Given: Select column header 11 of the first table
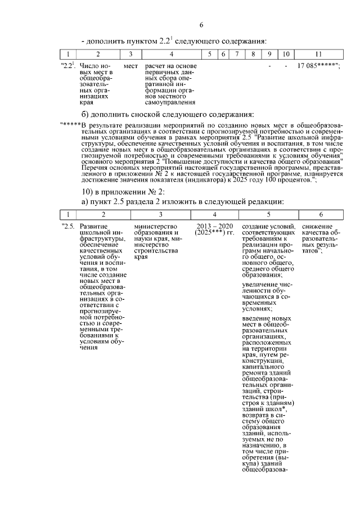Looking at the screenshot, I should (318, 54).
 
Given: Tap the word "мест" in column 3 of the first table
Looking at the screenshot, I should (130, 66).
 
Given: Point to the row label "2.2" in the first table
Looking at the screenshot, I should (67, 66).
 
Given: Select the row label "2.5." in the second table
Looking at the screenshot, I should (69, 226).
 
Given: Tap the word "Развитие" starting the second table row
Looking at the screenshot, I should (94, 226).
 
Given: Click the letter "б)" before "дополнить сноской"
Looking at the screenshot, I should (87, 114).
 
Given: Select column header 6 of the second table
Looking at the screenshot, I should (320, 214).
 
